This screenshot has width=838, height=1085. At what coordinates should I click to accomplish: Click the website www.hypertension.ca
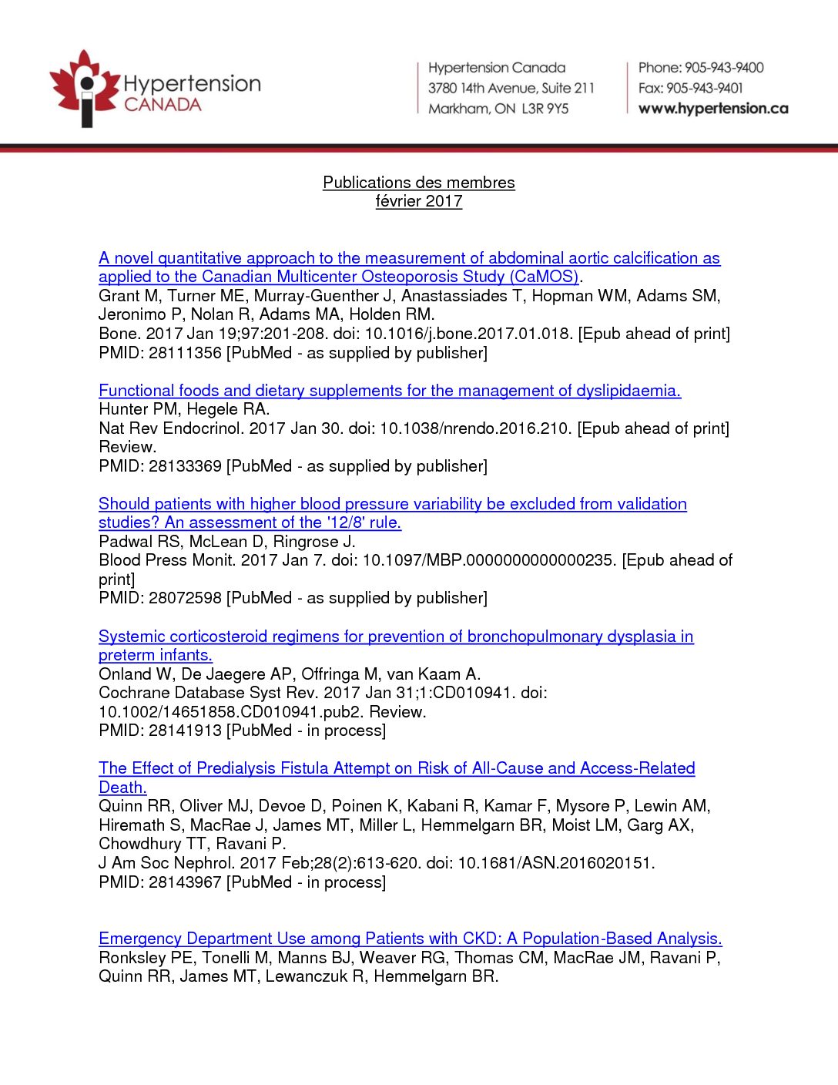coord(713,109)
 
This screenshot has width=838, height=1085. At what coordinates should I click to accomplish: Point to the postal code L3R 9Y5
coord(545,109)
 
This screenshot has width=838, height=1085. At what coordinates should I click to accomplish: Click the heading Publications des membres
coord(419,183)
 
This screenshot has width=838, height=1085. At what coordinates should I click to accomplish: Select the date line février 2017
coord(419,201)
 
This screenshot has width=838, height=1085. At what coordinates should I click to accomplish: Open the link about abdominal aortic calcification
coord(409,258)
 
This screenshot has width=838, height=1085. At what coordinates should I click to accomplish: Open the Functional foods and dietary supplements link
coord(390,391)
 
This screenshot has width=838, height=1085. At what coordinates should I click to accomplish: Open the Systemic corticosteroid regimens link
coord(396,637)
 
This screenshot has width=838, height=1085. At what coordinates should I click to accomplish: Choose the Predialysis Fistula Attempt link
coord(397,768)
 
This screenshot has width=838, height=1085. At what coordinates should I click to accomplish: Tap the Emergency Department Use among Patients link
coord(411,939)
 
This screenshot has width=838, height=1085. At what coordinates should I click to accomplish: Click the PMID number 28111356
coord(185,353)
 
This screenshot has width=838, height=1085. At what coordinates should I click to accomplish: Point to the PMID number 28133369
coord(185,466)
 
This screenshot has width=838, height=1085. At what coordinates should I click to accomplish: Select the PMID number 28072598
coord(185,598)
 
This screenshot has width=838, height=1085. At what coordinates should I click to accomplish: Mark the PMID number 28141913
coord(185,731)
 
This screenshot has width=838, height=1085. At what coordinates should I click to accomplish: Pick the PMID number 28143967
coord(185,882)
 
